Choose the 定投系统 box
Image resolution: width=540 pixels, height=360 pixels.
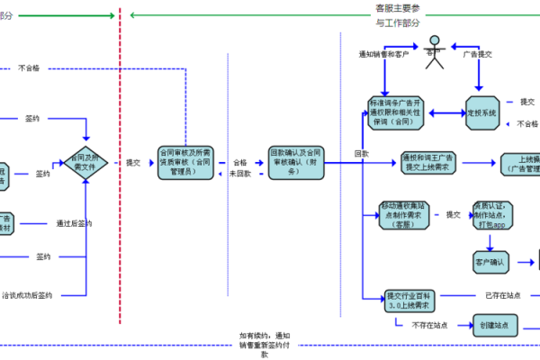click(487, 113)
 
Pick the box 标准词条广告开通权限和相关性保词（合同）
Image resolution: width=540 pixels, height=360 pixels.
click(396, 112)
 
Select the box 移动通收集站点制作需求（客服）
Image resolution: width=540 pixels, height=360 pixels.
click(404, 215)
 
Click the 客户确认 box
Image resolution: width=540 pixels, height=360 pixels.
click(490, 263)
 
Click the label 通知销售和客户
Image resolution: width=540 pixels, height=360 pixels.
click(383, 54)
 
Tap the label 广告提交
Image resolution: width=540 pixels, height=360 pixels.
click(478, 54)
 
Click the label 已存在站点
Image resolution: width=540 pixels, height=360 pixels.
click(502, 294)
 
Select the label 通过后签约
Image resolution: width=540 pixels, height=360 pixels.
click(74, 223)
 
